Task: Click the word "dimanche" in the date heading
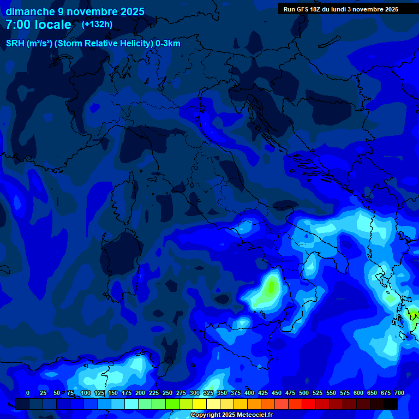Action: [x=29, y=11]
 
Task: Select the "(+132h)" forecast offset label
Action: [x=97, y=25]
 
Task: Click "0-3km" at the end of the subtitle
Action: [x=168, y=44]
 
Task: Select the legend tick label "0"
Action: [x=28, y=393]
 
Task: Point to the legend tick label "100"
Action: [x=86, y=393]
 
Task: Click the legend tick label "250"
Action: [x=167, y=393]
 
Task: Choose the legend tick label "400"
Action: [x=249, y=393]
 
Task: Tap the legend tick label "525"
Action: [x=318, y=393]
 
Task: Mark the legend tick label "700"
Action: [x=399, y=393]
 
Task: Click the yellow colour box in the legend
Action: [x=200, y=404]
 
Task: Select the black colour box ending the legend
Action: [x=391, y=404]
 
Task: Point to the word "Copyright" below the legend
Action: [x=206, y=415]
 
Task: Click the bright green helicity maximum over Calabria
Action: [x=271, y=286]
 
